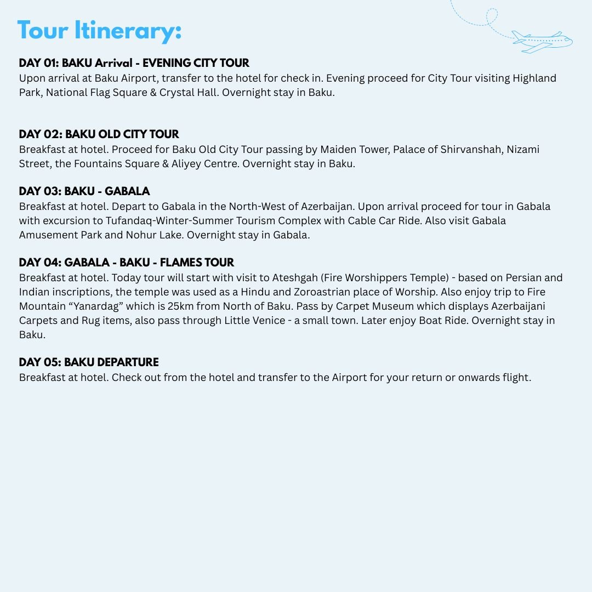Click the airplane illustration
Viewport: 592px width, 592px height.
point(542,42)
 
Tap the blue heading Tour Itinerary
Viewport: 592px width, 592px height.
point(99,31)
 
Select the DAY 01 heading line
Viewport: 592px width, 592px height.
point(134,63)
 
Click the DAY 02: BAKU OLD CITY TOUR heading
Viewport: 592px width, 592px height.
point(99,134)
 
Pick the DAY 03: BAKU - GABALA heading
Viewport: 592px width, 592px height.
point(84,191)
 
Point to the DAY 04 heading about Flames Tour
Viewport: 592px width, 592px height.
point(126,263)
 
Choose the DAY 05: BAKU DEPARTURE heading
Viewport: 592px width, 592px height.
point(89,362)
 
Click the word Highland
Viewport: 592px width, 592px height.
point(534,78)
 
